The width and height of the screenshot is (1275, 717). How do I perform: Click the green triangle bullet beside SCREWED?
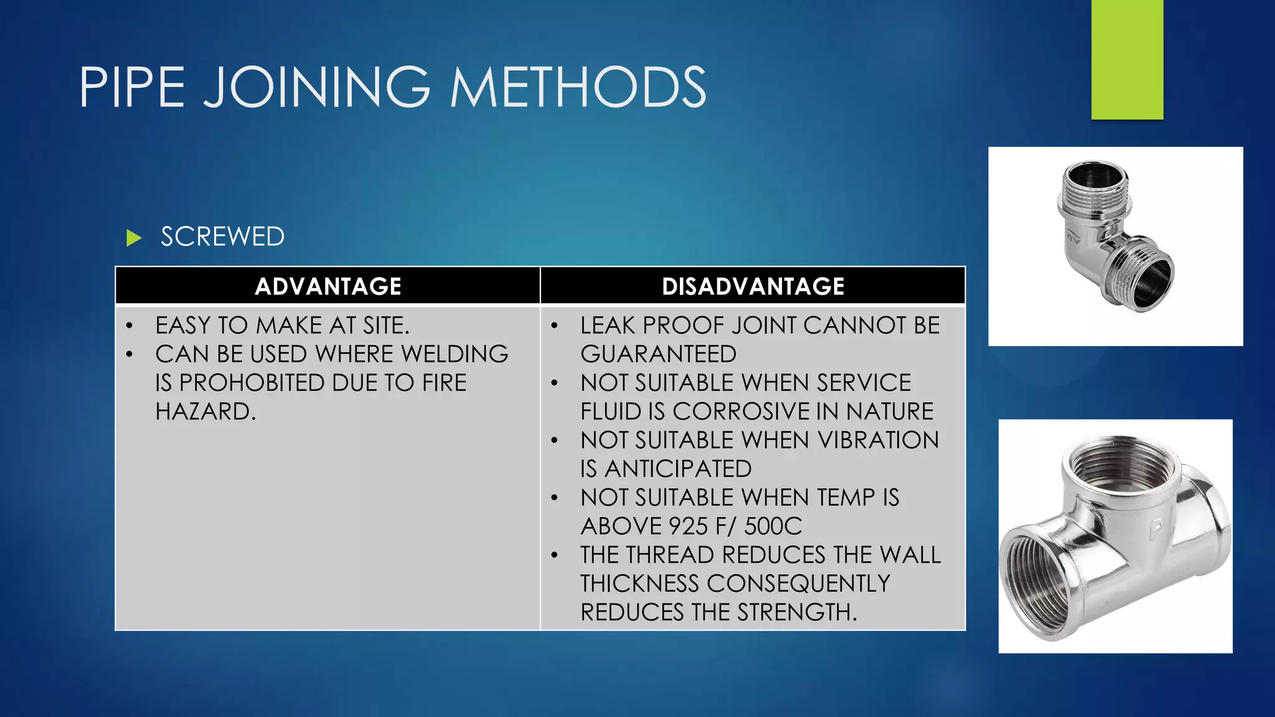pyautogui.click(x=134, y=238)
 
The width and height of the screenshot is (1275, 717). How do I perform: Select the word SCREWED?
pyautogui.click(x=222, y=237)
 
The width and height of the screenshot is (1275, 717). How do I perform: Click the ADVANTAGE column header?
pyautogui.click(x=327, y=286)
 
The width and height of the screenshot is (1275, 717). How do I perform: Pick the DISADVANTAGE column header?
pyautogui.click(x=753, y=286)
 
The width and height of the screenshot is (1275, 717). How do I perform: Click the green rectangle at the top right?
pyautogui.click(x=1127, y=59)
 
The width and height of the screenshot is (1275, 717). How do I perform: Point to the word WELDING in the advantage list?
pyautogui.click(x=454, y=354)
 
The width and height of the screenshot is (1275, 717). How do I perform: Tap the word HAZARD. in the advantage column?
pyautogui.click(x=205, y=411)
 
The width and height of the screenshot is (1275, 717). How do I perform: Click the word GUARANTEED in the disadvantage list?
pyautogui.click(x=658, y=354)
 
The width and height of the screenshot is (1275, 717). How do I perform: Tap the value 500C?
pyautogui.click(x=773, y=527)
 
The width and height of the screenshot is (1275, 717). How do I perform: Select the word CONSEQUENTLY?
pyautogui.click(x=798, y=584)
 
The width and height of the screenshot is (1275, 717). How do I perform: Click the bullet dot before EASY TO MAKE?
pyautogui.click(x=129, y=326)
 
